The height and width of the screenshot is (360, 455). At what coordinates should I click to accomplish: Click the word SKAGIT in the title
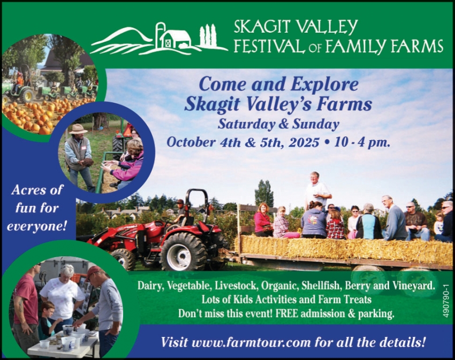click(261, 27)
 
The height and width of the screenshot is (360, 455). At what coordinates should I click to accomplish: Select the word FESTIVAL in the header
click(269, 47)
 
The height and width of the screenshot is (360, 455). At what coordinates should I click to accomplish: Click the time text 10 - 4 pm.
click(362, 143)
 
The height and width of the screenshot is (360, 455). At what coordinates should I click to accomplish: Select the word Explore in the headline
click(325, 85)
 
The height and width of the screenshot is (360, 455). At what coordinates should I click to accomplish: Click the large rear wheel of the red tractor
click(184, 252)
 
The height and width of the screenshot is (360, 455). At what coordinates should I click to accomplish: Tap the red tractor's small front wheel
click(123, 259)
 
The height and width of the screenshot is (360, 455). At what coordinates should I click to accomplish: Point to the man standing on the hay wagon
click(317, 192)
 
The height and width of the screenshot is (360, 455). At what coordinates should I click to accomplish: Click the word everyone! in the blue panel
click(37, 226)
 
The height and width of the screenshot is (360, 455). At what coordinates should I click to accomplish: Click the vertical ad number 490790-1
click(446, 300)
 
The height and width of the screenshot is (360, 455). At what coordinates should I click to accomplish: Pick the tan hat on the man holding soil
click(78, 129)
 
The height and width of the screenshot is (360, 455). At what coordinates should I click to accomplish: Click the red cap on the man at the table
click(93, 272)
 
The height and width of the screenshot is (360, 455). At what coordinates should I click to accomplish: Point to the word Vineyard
click(414, 286)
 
